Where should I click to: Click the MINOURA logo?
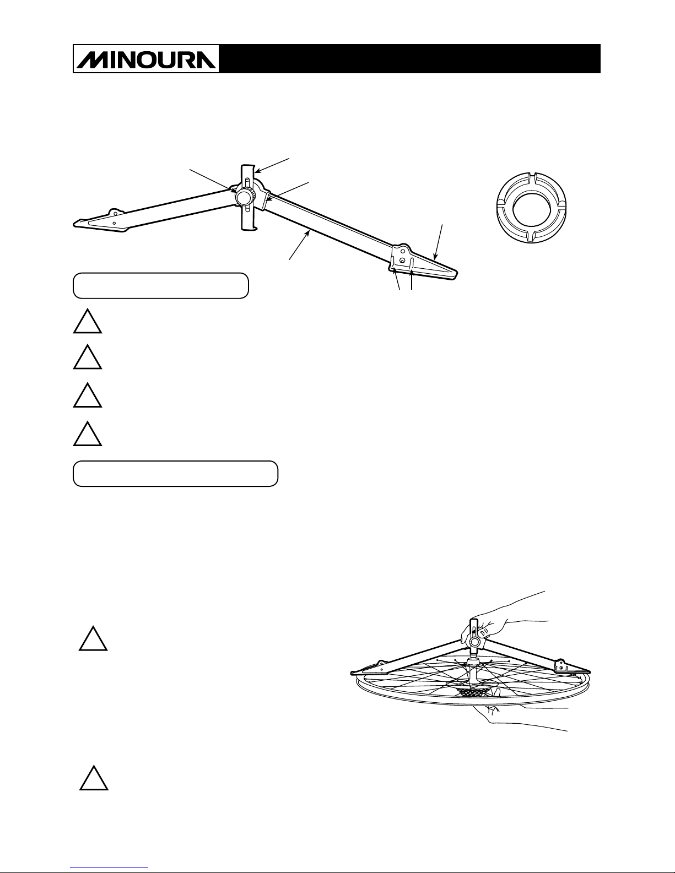pos(146,58)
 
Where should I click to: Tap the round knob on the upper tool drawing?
pos(244,197)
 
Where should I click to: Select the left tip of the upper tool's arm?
pos(75,224)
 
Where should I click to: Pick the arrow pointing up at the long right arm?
pos(299,245)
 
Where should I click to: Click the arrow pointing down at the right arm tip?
pos(439,242)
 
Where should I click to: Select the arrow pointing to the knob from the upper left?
pos(212,181)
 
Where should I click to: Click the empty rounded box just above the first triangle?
pos(161,286)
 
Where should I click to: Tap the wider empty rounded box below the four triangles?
pos(176,474)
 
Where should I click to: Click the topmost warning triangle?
pos(88,322)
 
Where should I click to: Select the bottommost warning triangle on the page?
pos(94,778)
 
